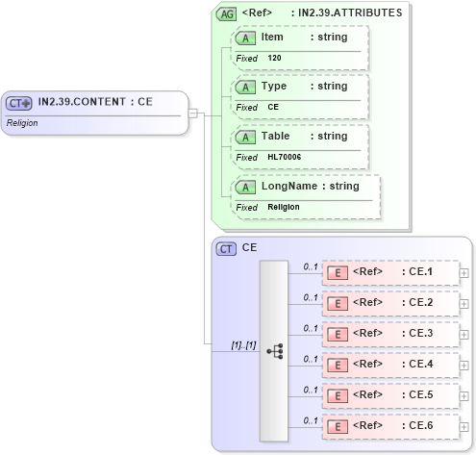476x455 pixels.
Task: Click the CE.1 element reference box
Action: [390, 272]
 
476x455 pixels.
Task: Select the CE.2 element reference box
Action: [390, 303]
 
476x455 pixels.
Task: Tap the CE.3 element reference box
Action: [390, 334]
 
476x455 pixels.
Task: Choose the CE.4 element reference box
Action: [390, 365]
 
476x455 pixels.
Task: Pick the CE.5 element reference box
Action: [390, 395]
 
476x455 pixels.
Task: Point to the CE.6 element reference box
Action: [390, 426]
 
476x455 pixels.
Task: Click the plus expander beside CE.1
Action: [464, 273]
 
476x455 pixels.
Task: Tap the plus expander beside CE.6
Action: [464, 427]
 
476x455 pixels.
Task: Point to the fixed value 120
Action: [274, 58]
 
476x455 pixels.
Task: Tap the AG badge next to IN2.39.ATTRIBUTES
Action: [227, 14]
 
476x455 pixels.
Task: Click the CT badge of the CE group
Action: [227, 248]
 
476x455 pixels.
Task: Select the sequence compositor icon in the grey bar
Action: [275, 351]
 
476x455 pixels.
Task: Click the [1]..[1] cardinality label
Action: [244, 343]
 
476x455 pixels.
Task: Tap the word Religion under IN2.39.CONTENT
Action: [22, 123]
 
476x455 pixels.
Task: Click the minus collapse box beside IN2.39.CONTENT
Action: [192, 113]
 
